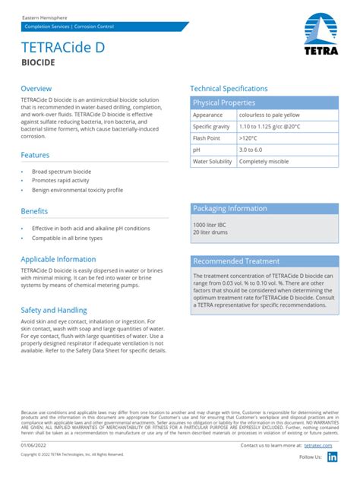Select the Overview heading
coord(36,88)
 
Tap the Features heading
coord(36,155)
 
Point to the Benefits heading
coord(35,210)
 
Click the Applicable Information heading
coord(58,259)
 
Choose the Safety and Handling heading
coord(54,310)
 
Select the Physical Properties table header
coord(224,103)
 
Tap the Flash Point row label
coord(207,138)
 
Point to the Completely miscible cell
coord(264,162)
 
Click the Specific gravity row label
coord(212,127)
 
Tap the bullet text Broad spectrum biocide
coord(62,172)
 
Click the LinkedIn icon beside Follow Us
coord(332,456)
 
